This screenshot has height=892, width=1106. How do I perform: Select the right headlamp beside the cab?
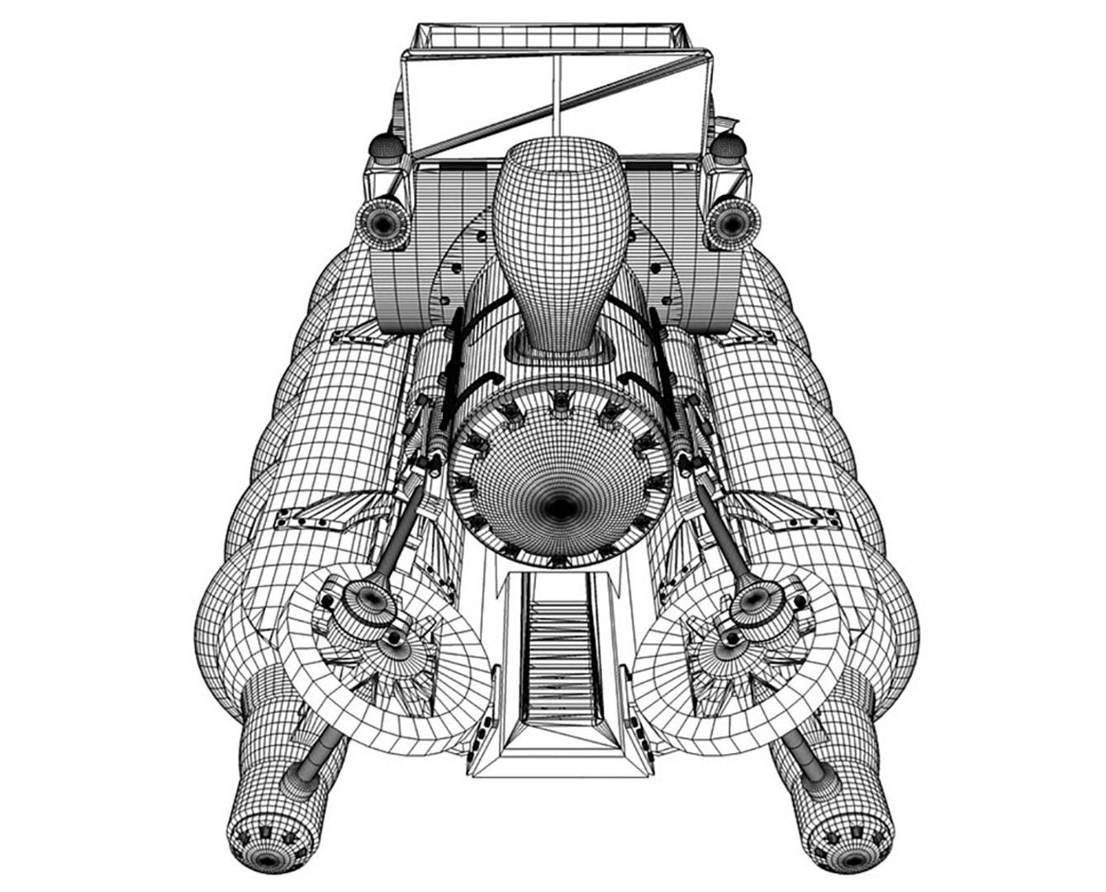pos(730,221)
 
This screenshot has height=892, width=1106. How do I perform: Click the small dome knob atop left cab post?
pos(384,149)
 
